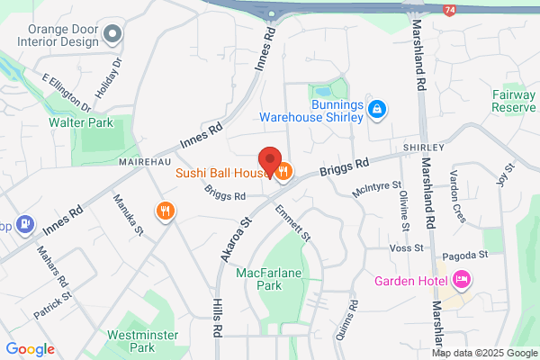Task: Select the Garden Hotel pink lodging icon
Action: click(x=463, y=280)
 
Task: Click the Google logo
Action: click(x=31, y=349)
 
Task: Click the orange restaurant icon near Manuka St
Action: click(x=165, y=211)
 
